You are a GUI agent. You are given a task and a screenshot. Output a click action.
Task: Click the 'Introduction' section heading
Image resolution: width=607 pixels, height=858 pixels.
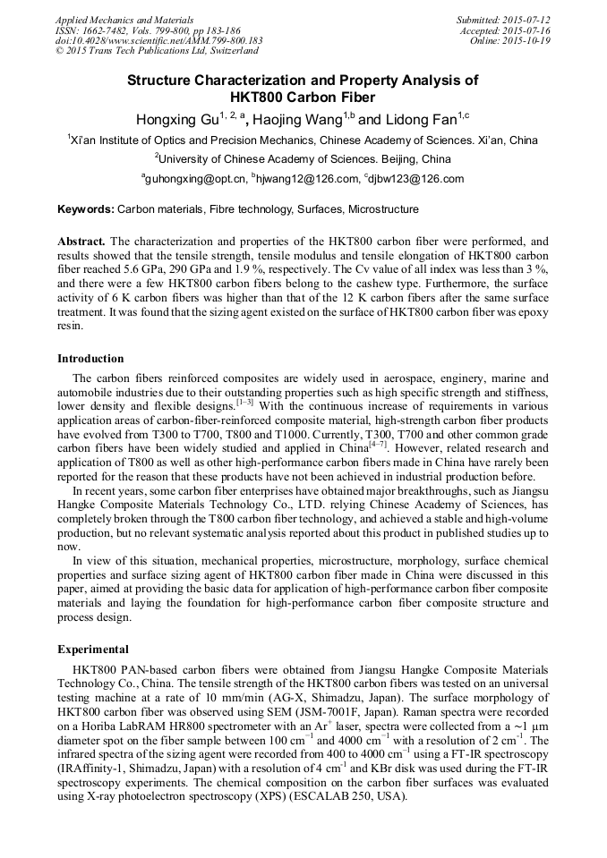click(90, 359)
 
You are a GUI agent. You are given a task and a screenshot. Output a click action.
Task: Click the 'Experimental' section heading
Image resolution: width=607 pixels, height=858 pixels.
click(93, 650)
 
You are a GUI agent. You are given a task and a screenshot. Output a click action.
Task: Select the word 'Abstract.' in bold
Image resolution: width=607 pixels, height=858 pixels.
click(81, 242)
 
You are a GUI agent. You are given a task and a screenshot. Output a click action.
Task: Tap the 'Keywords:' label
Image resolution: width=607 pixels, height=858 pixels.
click(86, 209)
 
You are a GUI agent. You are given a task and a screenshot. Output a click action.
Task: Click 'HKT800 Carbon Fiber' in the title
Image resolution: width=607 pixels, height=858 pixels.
click(303, 97)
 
